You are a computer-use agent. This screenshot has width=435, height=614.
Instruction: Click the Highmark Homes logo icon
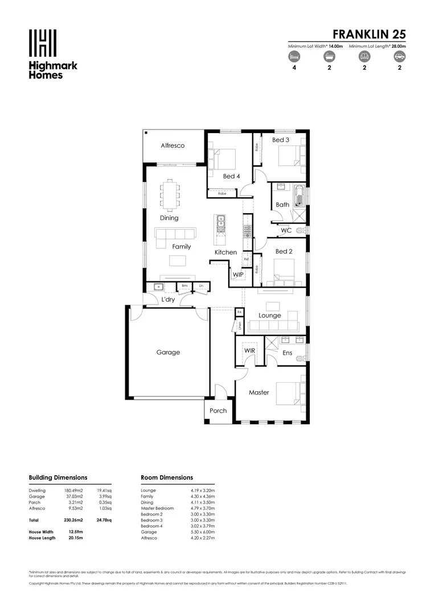(x=43, y=43)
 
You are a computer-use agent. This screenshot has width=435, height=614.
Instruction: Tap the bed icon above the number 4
(x=293, y=56)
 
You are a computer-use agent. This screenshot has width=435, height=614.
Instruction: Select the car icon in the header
(x=400, y=56)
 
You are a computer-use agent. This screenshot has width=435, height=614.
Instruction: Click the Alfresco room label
(x=173, y=146)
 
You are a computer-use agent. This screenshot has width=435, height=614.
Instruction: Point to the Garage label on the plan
(x=168, y=352)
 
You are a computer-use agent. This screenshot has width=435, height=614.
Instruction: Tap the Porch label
(x=218, y=410)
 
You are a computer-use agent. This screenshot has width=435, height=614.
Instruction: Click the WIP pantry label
(x=237, y=275)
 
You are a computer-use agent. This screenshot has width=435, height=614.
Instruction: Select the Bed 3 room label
(x=281, y=140)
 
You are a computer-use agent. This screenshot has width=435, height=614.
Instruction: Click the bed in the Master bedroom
(x=288, y=393)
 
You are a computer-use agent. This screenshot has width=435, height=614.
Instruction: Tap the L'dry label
(x=168, y=300)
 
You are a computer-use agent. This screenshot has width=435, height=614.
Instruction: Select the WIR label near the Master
(x=249, y=351)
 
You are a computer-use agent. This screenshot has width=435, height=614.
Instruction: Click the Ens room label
(x=288, y=353)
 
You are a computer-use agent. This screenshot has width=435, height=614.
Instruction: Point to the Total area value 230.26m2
(x=73, y=520)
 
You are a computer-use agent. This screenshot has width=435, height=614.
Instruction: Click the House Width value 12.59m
(x=68, y=532)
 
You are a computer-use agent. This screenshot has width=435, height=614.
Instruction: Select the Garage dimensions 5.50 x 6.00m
(x=203, y=532)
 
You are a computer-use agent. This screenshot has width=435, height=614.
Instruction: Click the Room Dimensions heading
(x=167, y=478)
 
